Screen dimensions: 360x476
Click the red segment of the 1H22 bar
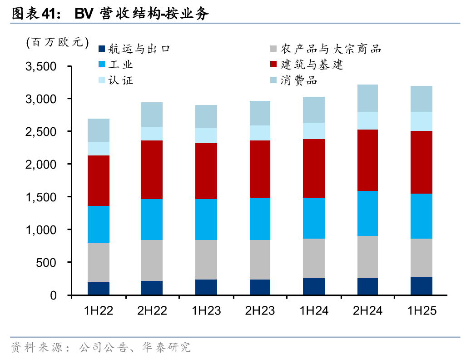coord(98,180)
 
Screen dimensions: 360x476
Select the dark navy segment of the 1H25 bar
coord(421,285)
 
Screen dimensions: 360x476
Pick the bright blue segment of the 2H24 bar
coord(367,213)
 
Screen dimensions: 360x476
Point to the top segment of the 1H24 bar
coord(313,110)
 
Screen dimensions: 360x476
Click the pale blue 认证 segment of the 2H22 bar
coord(152,134)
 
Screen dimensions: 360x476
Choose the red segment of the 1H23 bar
coord(206,171)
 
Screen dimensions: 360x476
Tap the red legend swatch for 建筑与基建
coord(273,65)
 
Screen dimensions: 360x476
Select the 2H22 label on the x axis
coord(152,311)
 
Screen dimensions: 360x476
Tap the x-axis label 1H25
coord(421,311)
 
